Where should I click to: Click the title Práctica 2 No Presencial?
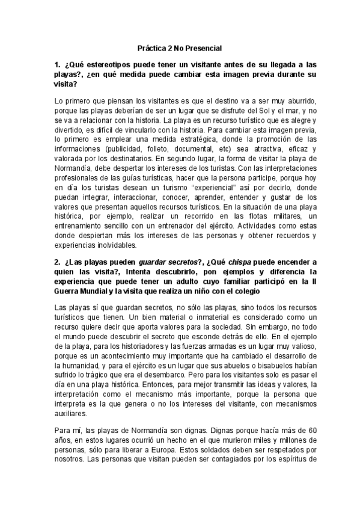point(180,47)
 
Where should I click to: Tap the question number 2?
point(57,262)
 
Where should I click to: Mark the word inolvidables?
point(109,245)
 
